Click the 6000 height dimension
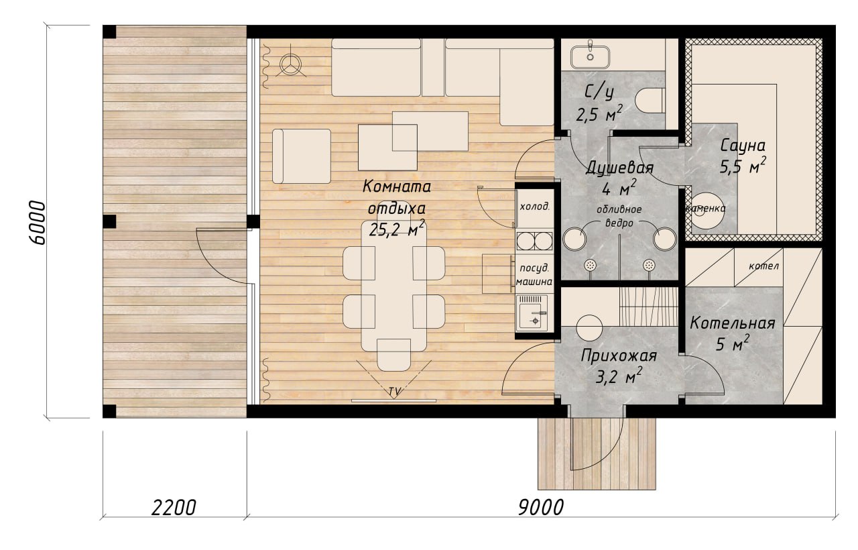tap(37, 222)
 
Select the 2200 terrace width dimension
tap(174, 508)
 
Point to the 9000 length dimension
tap(540, 508)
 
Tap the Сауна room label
tap(743, 146)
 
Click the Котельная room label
tap(733, 323)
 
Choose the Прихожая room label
tap(619, 356)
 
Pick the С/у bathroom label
tap(599, 93)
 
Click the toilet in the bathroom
tap(650, 101)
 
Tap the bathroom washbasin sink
tap(591, 57)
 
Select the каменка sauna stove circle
tap(707, 211)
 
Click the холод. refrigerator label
tap(535, 207)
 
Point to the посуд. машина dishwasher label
tap(534, 275)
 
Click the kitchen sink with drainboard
tap(532, 313)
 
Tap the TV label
tap(395, 392)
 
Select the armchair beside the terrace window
tap(302, 156)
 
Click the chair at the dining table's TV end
tap(393, 355)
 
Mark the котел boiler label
tap(763, 266)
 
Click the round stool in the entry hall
tap(589, 328)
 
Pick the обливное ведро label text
tap(619, 216)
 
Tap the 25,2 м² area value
tap(397, 229)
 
